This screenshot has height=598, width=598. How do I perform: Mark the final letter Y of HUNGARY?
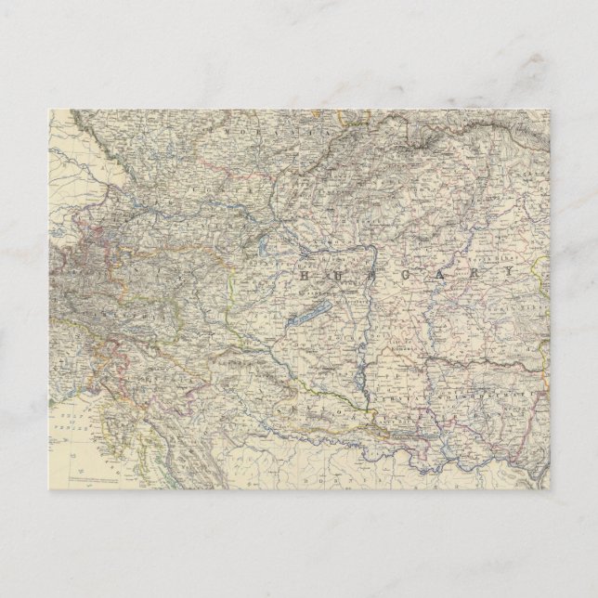(507, 271)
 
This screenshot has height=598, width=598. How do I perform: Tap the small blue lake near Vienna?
(264, 247)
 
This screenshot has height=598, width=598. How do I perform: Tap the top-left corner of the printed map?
(49, 110)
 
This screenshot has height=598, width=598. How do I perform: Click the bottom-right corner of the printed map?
(550, 489)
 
